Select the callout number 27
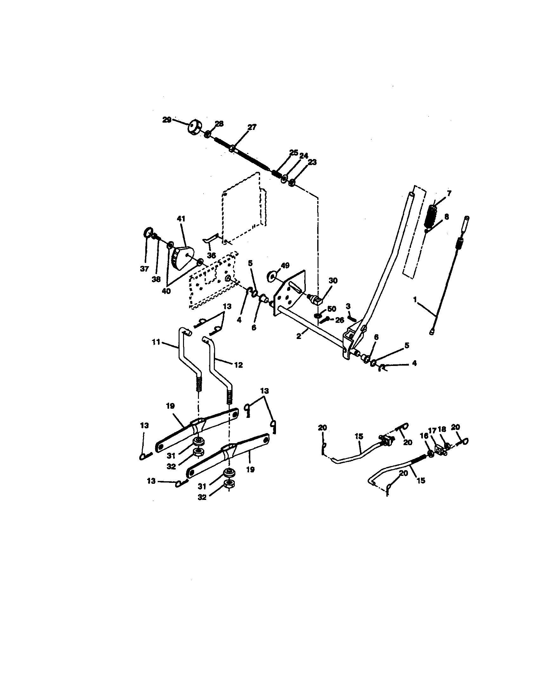(252, 127)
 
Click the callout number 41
(181, 219)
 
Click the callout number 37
(144, 269)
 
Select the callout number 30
(333, 280)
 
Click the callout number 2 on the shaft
(299, 336)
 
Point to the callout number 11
(155, 342)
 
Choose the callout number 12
(238, 365)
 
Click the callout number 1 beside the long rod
(415, 299)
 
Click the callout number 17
(432, 431)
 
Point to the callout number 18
(442, 429)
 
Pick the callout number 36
(211, 255)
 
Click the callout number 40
(166, 291)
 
